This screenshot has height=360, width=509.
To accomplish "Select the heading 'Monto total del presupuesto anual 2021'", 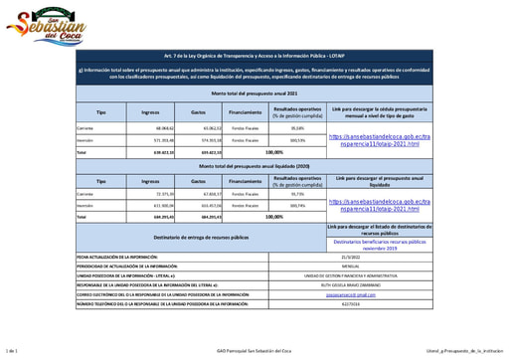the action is coord(254,91).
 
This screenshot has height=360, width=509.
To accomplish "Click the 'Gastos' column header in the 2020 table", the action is coord(198,181).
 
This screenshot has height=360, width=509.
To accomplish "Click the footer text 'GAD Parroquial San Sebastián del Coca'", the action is coord(254,351).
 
